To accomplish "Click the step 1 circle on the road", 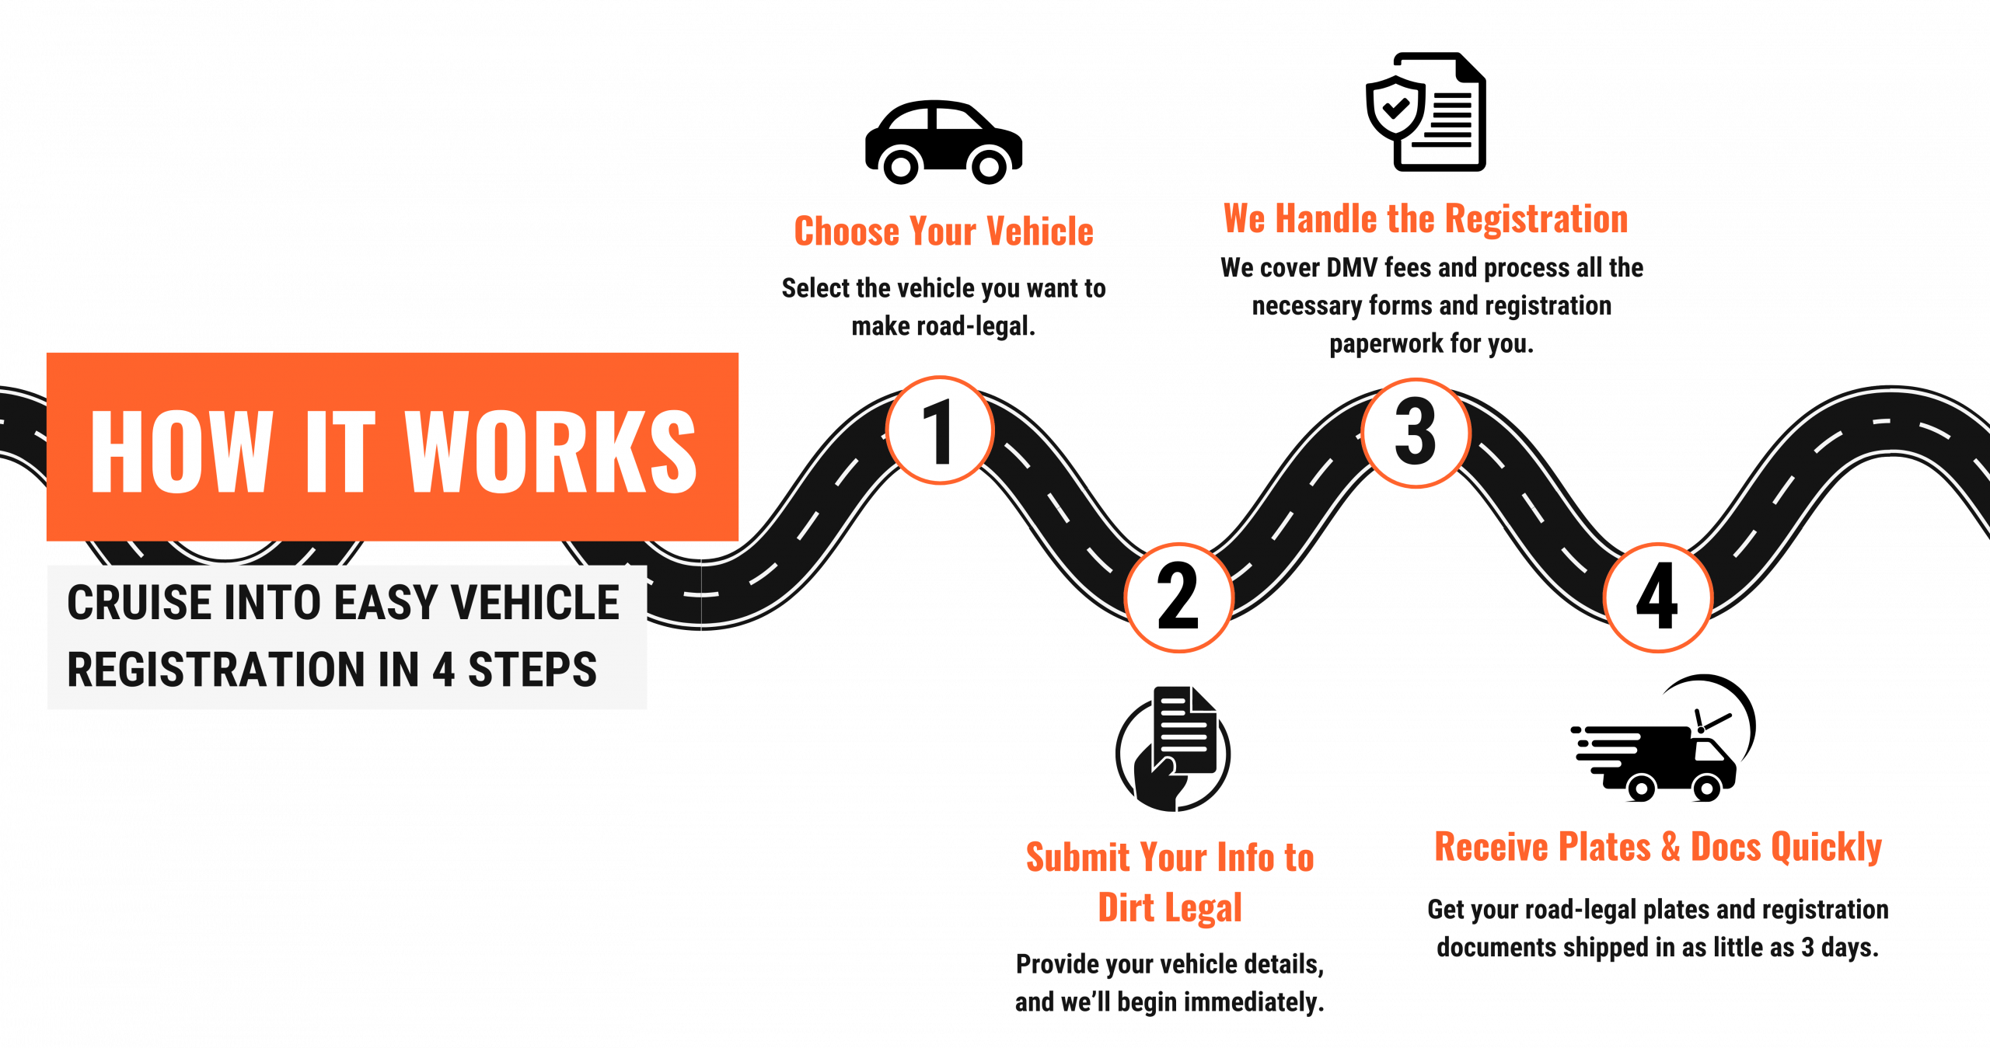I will coord(940,430).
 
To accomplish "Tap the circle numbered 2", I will coord(1178,597).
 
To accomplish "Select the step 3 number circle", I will coord(1416,433).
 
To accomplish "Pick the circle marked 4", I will coord(1657,597).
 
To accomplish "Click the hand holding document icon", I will coord(1173,750).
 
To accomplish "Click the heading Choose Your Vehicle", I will coord(944,232).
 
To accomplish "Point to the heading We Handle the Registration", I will coord(1426,218).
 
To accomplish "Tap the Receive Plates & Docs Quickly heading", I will coord(1658,846).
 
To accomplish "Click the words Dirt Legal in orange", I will coord(1170,907).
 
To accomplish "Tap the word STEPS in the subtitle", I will coord(532,670).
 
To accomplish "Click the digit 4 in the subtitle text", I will coord(444,670).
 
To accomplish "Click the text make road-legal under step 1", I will coord(943,326).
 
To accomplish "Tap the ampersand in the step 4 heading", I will coord(1671,846).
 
